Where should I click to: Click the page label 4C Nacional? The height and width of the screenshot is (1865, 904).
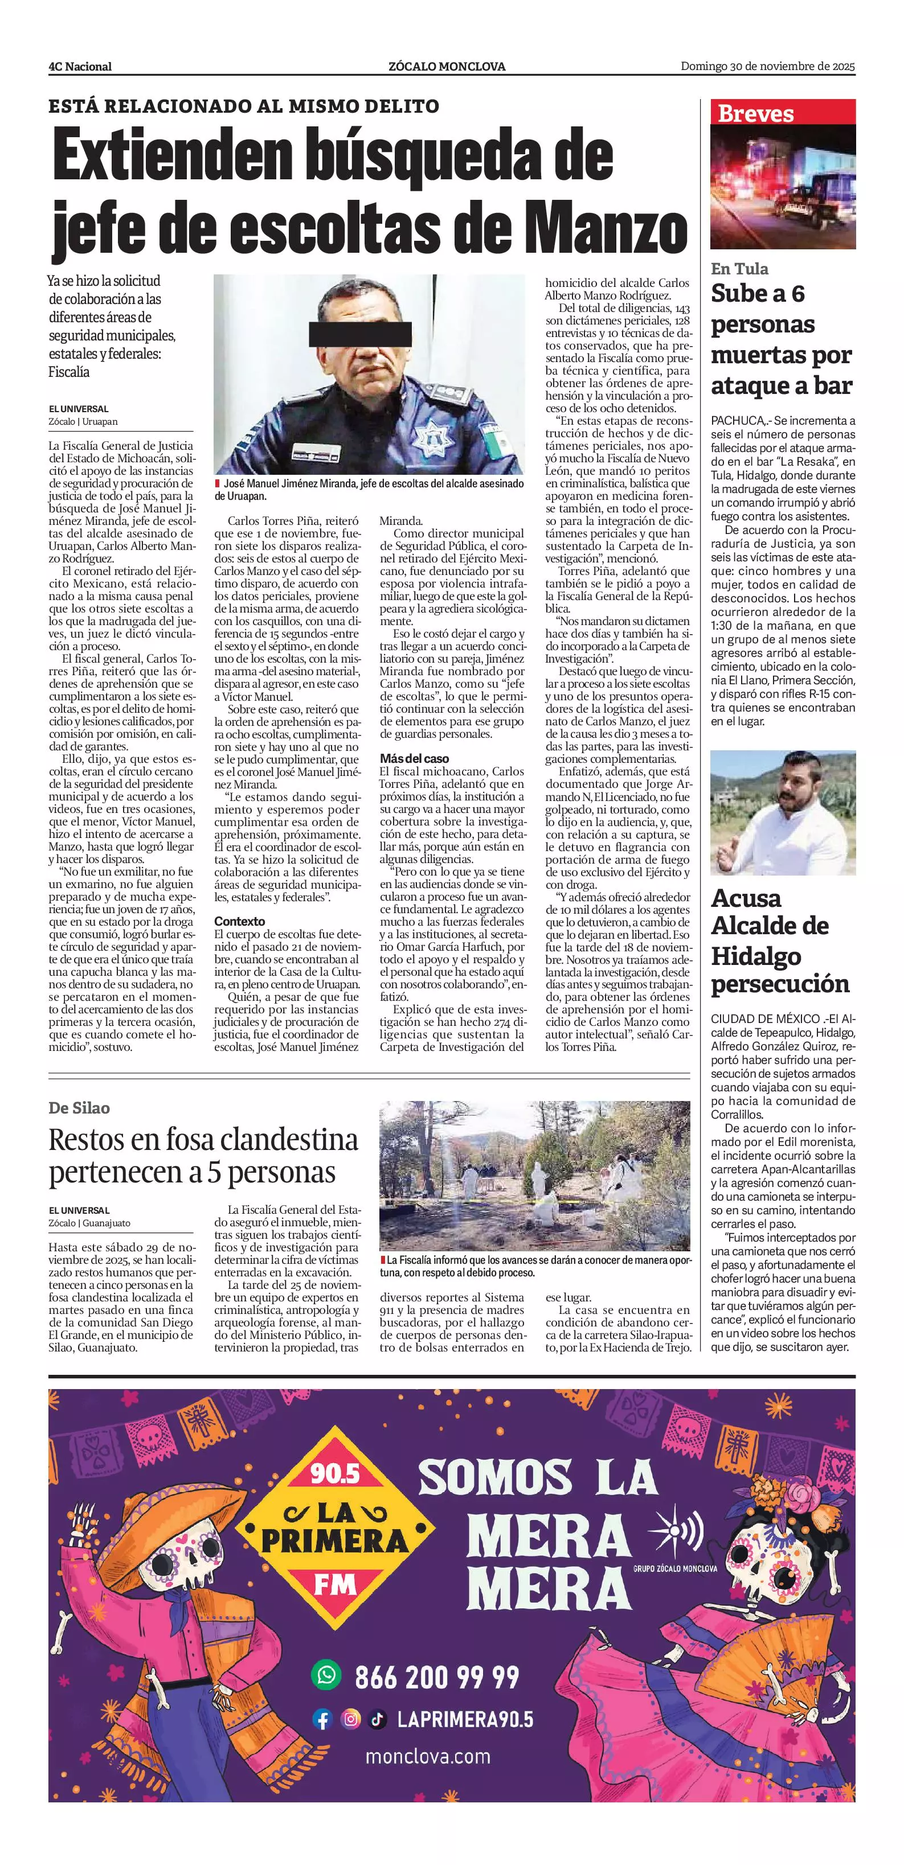coord(80,67)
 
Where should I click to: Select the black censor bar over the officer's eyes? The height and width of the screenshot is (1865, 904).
coord(360,334)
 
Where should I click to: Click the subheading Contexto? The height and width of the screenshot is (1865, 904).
coord(240,922)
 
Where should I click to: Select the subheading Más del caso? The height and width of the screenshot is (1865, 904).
coord(414,759)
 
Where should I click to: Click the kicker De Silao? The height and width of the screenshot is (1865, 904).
coord(80,1108)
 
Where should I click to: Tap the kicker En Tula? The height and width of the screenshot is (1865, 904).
coord(739,269)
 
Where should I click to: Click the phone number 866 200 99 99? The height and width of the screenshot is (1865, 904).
coord(437,1676)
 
